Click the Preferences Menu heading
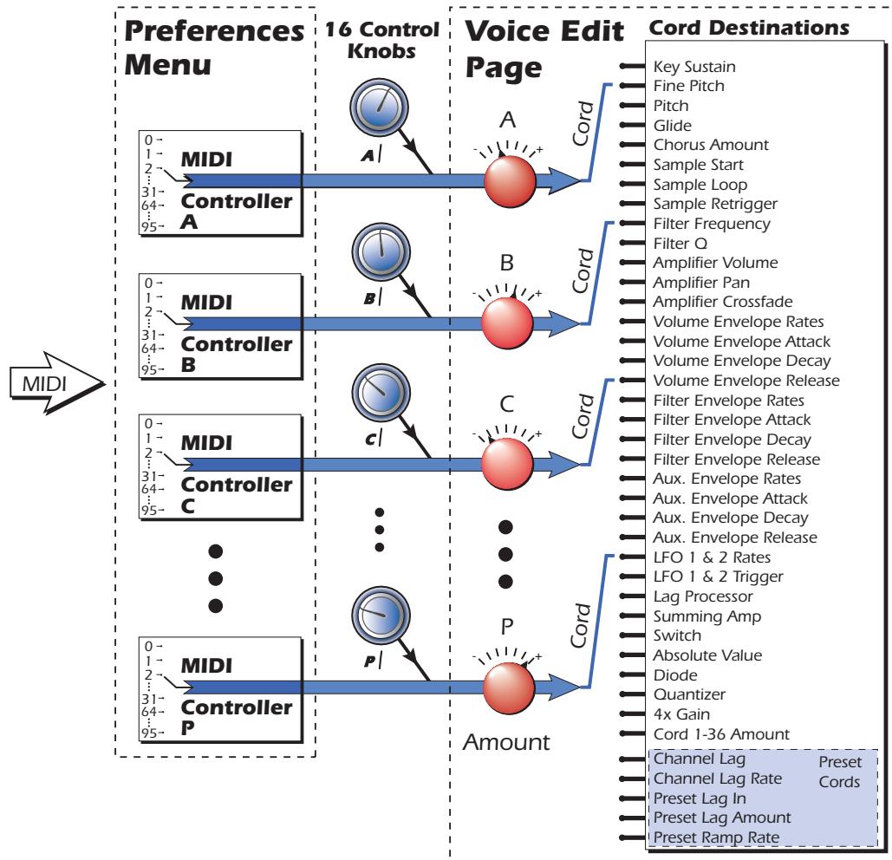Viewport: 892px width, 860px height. [x=216, y=49]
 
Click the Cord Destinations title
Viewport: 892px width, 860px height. [x=748, y=28]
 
